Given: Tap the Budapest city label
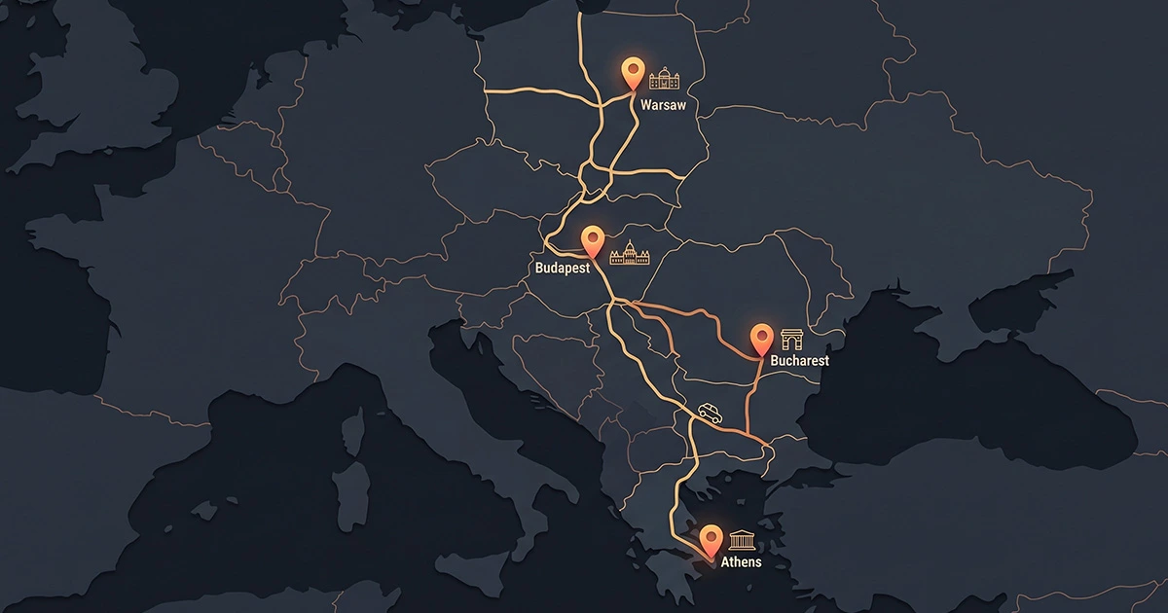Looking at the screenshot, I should click(563, 268).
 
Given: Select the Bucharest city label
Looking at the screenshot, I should click(799, 361).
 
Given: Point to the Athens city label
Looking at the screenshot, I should click(741, 562).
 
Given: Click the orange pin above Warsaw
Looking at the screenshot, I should click(633, 72).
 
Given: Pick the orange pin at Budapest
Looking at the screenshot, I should click(592, 239).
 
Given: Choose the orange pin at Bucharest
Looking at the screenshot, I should click(762, 338).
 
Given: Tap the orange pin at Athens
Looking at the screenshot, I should click(712, 537).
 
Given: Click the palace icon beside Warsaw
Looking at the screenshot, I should click(665, 79).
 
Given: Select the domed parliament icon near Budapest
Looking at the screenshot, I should click(629, 254).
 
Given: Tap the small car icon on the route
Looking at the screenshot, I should click(710, 414).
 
